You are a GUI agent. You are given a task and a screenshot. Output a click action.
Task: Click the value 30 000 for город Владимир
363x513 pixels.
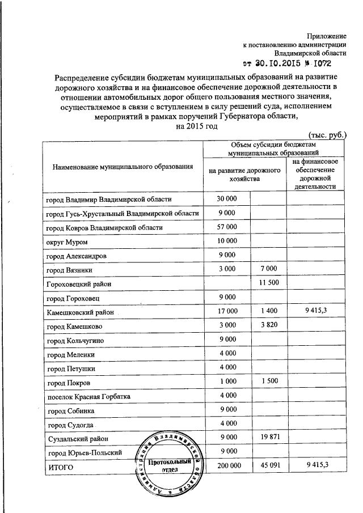click(227, 199)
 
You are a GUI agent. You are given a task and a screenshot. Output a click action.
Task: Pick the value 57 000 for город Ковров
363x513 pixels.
click(227, 227)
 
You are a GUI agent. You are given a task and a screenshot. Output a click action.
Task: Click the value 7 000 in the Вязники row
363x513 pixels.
click(267, 268)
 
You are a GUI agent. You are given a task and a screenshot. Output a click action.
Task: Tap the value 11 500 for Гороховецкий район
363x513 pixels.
click(267, 282)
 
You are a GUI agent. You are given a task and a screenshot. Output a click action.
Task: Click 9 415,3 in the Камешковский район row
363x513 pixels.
click(316, 311)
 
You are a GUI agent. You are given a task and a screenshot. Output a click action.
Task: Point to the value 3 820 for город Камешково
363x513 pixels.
click(267, 325)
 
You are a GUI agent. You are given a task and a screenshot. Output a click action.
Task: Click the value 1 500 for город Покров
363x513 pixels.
click(267, 382)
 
